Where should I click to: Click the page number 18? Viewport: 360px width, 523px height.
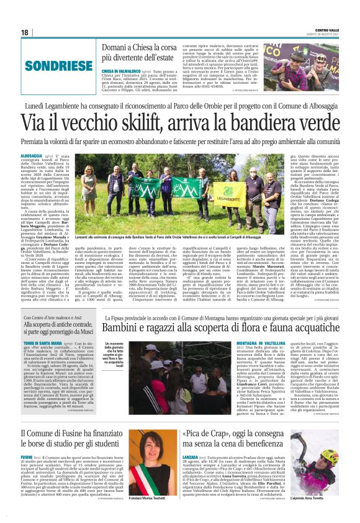[x=25, y=32]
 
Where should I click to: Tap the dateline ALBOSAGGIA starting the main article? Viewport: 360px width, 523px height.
[x=32, y=155]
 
